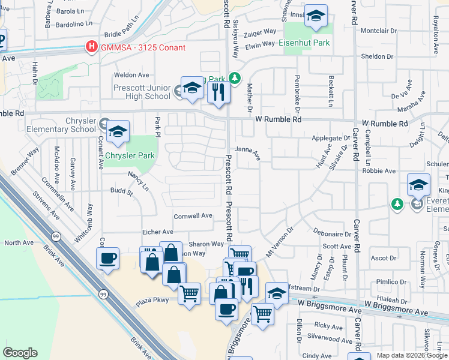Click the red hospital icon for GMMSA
(92, 47)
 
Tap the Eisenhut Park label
(304, 43)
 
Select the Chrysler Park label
(130, 155)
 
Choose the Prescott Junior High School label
(142, 92)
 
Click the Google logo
(20, 352)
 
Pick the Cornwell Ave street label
(193, 215)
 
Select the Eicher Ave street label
(157, 232)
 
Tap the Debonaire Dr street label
(332, 233)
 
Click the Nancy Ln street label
(138, 180)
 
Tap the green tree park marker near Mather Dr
(235, 77)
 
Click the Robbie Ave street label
(378, 170)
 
